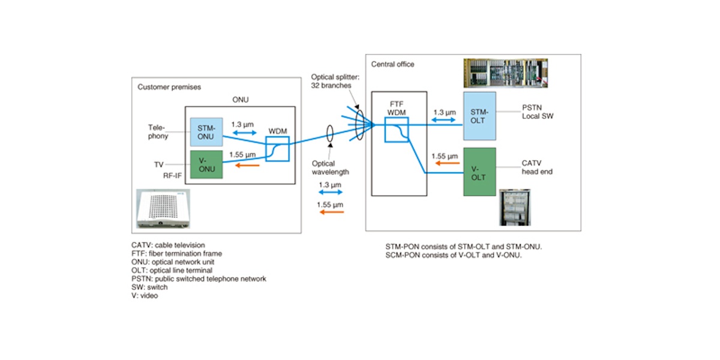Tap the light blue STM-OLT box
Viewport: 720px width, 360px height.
[479, 116]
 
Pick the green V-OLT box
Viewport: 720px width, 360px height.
[479, 172]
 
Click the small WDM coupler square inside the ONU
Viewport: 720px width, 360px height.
[277, 149]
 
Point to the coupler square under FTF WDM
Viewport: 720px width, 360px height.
[396, 130]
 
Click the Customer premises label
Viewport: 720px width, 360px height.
[169, 87]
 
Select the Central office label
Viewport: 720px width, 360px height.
[392, 64]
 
